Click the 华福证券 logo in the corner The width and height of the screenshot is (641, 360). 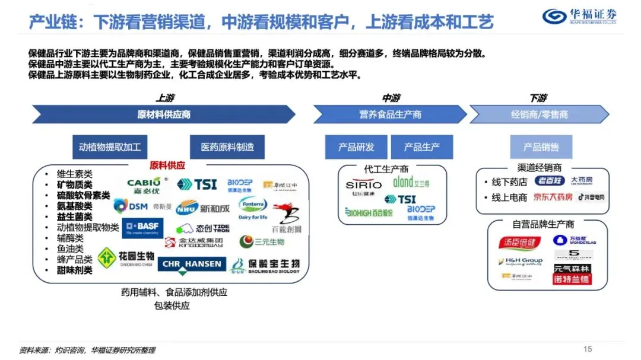tap(579, 16)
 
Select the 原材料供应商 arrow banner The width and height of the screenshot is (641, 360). tap(163, 114)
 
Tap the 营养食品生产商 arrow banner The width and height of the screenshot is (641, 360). tap(389, 114)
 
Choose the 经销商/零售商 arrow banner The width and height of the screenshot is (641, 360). tap(539, 114)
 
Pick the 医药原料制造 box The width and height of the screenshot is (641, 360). tap(227, 147)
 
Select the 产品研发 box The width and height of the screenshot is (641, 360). tap(356, 147)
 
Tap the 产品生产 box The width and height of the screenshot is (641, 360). tap(421, 147)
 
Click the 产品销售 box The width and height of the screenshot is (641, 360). tap(540, 147)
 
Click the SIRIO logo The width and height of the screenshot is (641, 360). tap(363, 185)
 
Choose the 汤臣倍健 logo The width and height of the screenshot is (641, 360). tap(520, 243)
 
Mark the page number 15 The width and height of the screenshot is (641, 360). tap(588, 349)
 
